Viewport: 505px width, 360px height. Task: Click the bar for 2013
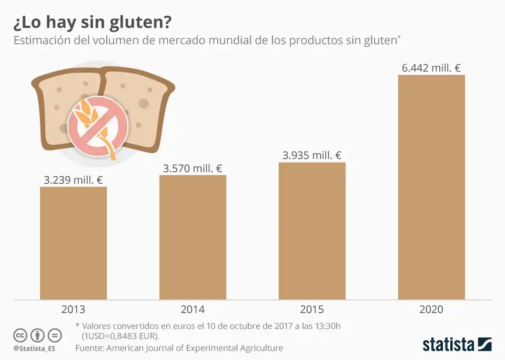[x=74, y=243]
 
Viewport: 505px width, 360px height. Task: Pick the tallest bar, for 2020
[x=431, y=187]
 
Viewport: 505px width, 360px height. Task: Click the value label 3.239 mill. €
[x=74, y=180]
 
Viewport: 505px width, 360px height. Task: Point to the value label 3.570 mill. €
[x=193, y=168]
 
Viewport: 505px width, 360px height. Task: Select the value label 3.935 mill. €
[x=312, y=155]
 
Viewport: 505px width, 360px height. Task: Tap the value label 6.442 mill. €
[x=431, y=68]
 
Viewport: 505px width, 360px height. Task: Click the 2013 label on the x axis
[x=74, y=309]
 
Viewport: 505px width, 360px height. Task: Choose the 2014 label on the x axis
[x=193, y=309]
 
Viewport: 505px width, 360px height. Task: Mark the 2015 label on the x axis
[x=312, y=309]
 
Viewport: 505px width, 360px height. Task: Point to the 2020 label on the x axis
[x=431, y=309]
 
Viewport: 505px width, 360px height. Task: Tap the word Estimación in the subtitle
[x=42, y=41]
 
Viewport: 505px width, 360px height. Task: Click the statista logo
[x=457, y=345]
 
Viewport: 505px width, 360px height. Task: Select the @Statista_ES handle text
[x=34, y=348]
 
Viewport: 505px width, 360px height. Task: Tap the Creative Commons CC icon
[x=20, y=335]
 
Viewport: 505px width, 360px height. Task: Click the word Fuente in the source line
[x=89, y=348]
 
